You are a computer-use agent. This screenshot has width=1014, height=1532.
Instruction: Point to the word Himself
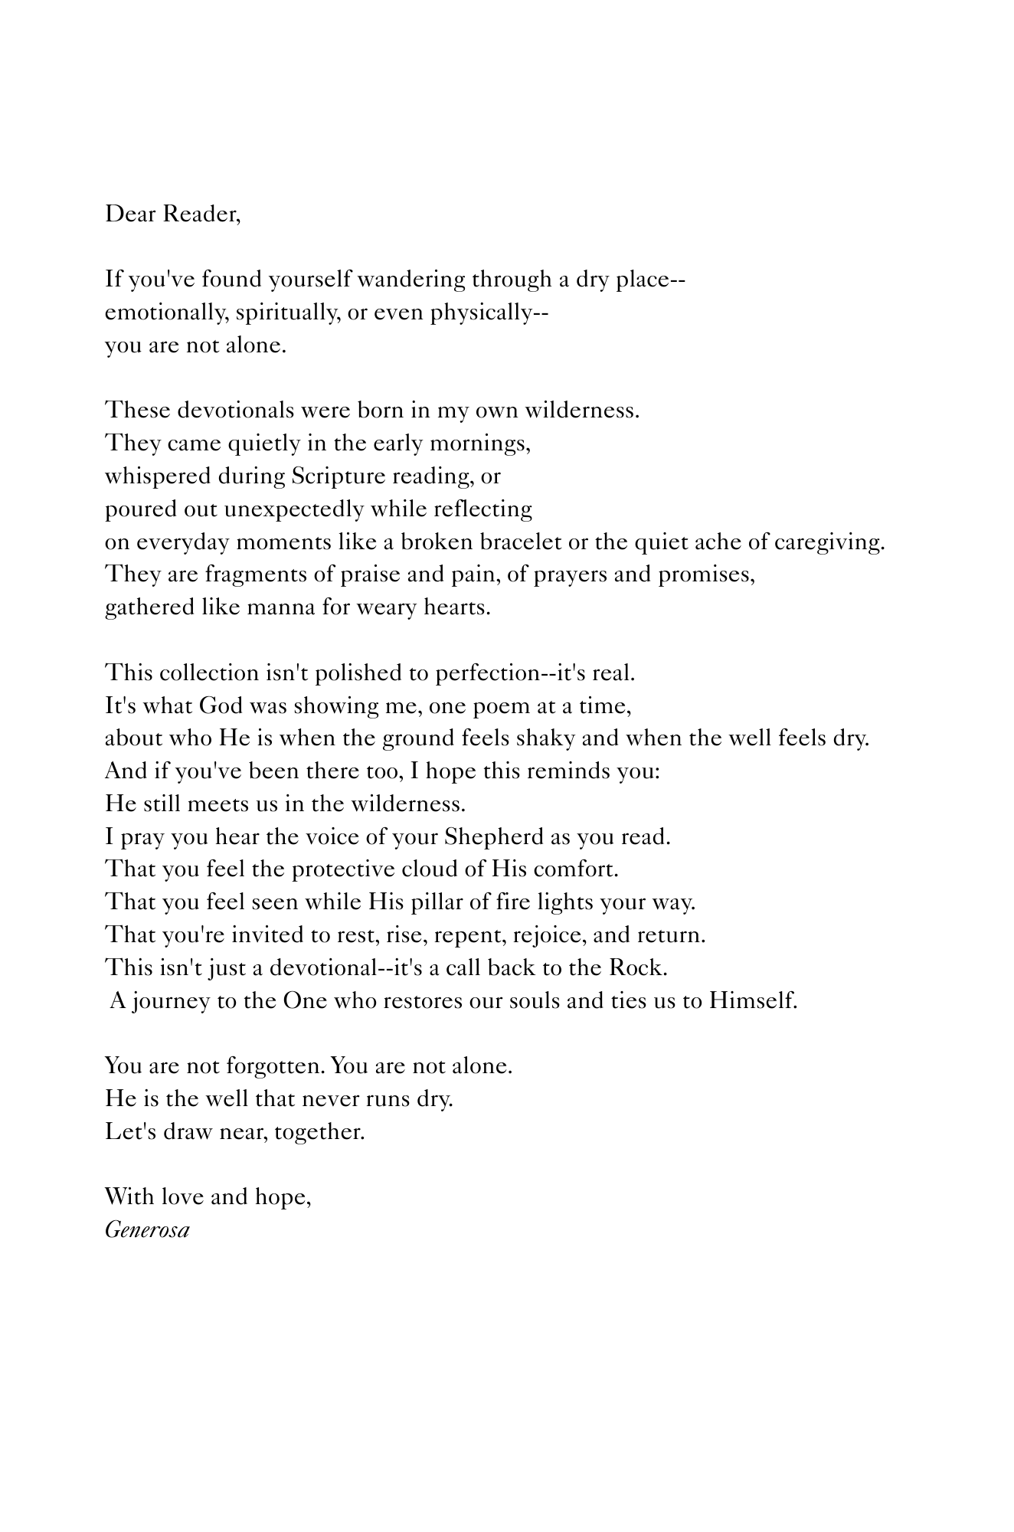click(x=753, y=1001)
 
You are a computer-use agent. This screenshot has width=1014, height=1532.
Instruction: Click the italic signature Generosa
click(x=147, y=1231)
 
